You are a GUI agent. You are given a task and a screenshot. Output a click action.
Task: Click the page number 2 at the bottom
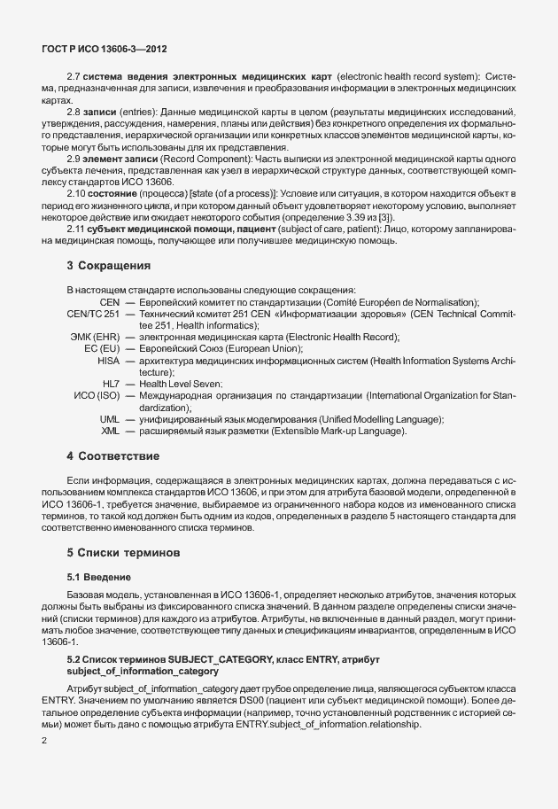(x=44, y=741)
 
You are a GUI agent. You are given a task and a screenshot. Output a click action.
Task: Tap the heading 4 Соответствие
(x=113, y=455)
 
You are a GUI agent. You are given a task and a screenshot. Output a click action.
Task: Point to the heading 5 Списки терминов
(x=123, y=552)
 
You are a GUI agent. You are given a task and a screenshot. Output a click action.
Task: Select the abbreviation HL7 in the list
(x=111, y=383)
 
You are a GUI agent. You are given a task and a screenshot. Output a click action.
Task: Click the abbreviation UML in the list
(x=110, y=418)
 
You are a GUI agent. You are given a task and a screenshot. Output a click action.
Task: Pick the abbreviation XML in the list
(x=110, y=431)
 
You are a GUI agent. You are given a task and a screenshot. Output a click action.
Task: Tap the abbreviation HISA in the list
(x=108, y=360)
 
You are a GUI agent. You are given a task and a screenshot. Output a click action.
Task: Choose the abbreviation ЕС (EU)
(x=102, y=348)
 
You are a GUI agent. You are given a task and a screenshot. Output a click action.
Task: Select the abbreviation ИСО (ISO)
(x=97, y=394)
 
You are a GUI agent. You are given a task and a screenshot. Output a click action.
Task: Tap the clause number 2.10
(x=77, y=193)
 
